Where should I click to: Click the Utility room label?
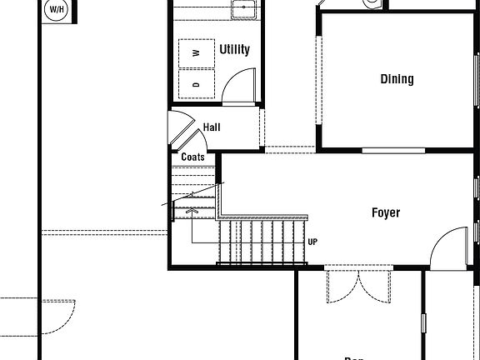click(234, 50)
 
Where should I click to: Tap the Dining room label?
click(397, 79)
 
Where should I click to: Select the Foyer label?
click(385, 212)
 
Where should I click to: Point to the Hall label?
click(212, 127)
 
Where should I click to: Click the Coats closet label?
click(192, 157)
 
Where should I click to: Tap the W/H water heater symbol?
click(57, 10)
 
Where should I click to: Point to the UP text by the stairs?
click(312, 242)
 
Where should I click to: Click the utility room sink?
click(242, 9)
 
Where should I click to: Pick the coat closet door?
click(182, 128)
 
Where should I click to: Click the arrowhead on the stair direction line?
click(192, 212)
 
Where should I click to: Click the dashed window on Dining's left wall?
click(317, 79)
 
